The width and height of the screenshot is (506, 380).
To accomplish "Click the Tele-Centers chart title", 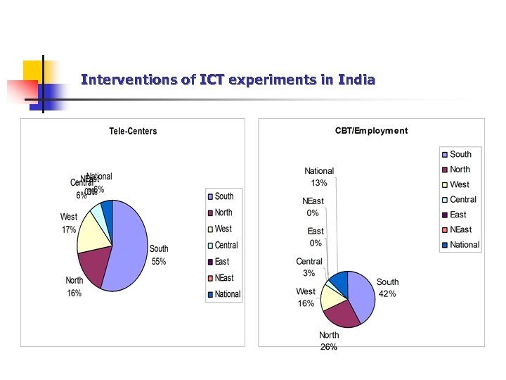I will click(x=133, y=131).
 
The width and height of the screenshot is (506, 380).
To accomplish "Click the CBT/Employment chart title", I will click(x=370, y=131).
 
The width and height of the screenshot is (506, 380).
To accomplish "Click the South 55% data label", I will click(x=159, y=255).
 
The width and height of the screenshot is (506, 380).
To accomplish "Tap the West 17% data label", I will click(x=69, y=223).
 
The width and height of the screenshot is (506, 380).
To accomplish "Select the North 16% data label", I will click(x=74, y=287).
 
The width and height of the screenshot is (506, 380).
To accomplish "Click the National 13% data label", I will click(x=319, y=177).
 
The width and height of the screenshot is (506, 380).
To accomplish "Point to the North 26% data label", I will click(x=329, y=341).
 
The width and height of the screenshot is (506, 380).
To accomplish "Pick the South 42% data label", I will click(x=387, y=288).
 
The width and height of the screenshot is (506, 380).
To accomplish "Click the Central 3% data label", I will click(x=309, y=267).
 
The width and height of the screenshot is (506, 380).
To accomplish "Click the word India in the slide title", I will click(x=356, y=80).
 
